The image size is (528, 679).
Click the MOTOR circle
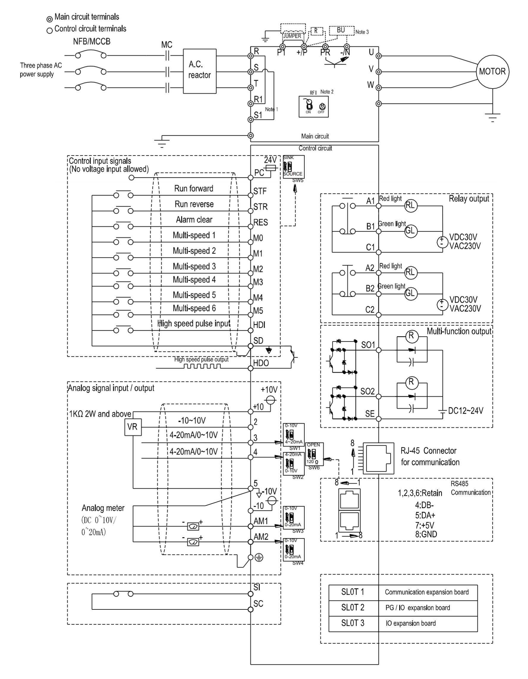click(x=492, y=72)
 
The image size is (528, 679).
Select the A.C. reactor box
click(x=199, y=71)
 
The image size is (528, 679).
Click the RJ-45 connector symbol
click(x=378, y=458)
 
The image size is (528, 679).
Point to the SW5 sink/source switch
click(x=293, y=167)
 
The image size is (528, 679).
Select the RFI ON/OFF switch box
click(x=313, y=107)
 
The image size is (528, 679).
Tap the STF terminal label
click(x=260, y=191)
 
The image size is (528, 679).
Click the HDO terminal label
click(x=261, y=363)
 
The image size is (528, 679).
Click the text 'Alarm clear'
click(x=194, y=220)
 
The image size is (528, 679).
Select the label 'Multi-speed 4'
click(x=194, y=279)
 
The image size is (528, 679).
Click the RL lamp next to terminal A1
click(x=411, y=205)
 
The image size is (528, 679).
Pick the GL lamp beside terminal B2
click(x=410, y=293)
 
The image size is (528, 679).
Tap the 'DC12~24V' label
click(x=465, y=411)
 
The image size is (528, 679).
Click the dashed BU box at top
click(x=341, y=30)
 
